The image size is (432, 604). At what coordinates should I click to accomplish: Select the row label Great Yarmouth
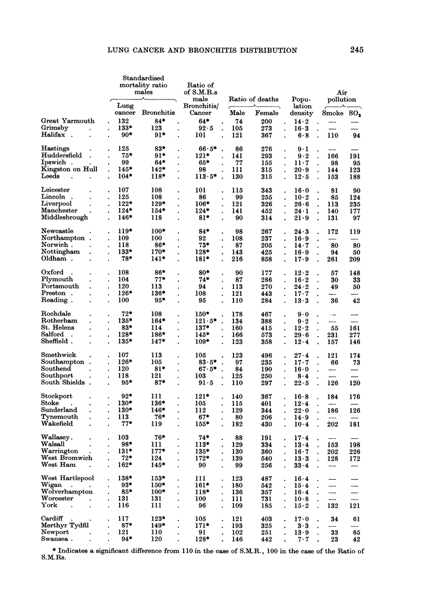(x=68, y=121)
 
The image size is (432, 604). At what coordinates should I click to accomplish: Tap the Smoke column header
(x=332, y=113)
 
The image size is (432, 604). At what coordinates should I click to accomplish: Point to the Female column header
(x=267, y=113)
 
